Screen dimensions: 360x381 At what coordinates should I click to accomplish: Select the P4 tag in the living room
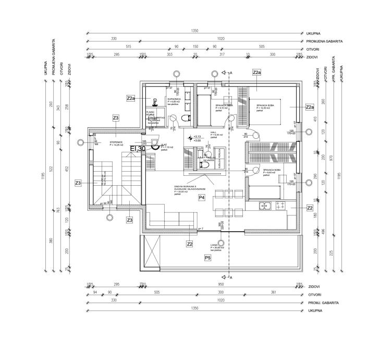pyautogui.click(x=202, y=197)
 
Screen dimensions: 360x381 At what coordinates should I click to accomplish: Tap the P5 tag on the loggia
pyautogui.click(x=207, y=258)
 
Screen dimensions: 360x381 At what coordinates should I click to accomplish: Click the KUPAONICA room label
pyautogui.click(x=174, y=98)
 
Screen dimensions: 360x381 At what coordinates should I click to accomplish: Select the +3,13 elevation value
pyautogui.click(x=196, y=137)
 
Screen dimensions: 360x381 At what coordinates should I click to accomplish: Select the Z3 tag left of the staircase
pyautogui.click(x=78, y=183)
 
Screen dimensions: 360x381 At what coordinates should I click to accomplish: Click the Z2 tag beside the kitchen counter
pyautogui.click(x=310, y=208)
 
